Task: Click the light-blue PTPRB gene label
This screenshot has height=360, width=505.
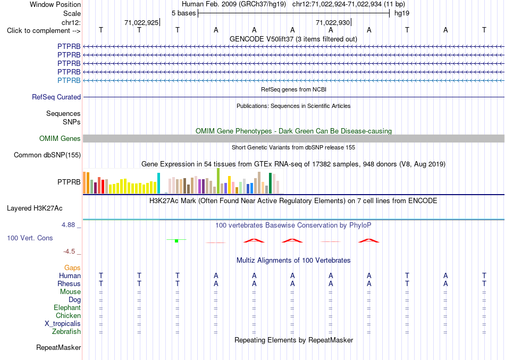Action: pyautogui.click(x=69, y=80)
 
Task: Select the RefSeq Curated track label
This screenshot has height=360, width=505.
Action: pyautogui.click(x=56, y=97)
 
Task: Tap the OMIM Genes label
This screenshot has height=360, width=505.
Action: pyautogui.click(x=60, y=139)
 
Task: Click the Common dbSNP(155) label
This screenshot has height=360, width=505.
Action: pyautogui.click(x=47, y=155)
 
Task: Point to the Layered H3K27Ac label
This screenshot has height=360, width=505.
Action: pyautogui.click(x=35, y=208)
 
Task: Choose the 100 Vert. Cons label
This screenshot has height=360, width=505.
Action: pyautogui.click(x=30, y=238)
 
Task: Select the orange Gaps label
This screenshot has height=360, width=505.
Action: pyautogui.click(x=72, y=268)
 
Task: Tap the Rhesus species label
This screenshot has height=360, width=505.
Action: pyautogui.click(x=69, y=283)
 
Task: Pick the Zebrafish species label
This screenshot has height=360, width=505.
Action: pyautogui.click(x=66, y=331)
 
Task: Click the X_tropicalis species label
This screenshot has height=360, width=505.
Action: pyautogui.click(x=63, y=324)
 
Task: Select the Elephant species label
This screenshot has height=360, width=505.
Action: pyautogui.click(x=68, y=307)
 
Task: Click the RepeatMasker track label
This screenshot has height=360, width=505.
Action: pyautogui.click(x=58, y=347)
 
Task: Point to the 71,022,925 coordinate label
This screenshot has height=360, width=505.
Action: pyautogui.click(x=141, y=22)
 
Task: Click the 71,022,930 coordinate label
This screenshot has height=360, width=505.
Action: pyautogui.click(x=333, y=22)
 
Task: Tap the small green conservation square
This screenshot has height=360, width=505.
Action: pyautogui.click(x=176, y=241)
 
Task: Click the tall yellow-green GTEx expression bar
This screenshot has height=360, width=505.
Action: pyautogui.click(x=218, y=181)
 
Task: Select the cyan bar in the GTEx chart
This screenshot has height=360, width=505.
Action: pyautogui.click(x=158, y=183)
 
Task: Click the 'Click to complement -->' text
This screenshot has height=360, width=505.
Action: pyautogui.click(x=44, y=31)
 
